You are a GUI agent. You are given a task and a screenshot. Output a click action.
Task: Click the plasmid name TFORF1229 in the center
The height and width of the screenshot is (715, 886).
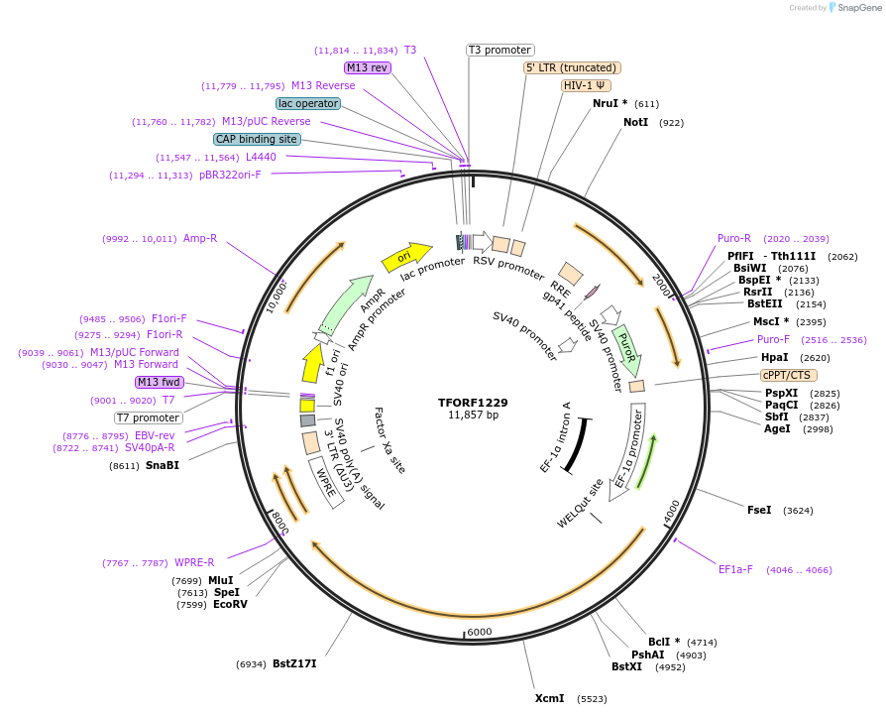click(x=473, y=403)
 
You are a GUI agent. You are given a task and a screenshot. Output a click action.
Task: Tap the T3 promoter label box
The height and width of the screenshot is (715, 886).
click(x=500, y=50)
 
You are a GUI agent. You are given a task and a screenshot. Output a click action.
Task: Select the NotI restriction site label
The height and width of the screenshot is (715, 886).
click(x=636, y=122)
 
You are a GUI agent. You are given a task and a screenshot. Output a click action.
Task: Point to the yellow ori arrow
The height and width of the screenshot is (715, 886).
click(x=406, y=257)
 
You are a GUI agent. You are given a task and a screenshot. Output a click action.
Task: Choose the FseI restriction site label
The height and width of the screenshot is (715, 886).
click(x=759, y=510)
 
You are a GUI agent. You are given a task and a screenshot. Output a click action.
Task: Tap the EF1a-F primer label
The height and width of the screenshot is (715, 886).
click(x=735, y=569)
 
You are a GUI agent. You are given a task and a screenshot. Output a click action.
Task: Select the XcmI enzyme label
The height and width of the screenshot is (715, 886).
click(x=549, y=698)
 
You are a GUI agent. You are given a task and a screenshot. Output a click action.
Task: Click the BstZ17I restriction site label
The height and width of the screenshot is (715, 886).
click(x=294, y=663)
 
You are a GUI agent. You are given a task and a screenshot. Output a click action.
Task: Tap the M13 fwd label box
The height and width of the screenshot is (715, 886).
click(x=161, y=382)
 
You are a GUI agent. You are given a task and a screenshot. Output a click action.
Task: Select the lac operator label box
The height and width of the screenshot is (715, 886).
click(x=308, y=103)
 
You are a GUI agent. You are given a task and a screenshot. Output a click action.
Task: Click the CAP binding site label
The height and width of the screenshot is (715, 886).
click(x=257, y=140)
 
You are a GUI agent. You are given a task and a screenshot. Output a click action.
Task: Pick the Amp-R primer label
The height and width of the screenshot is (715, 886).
click(x=200, y=238)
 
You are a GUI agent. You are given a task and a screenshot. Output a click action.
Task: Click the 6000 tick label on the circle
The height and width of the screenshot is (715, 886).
click(x=479, y=632)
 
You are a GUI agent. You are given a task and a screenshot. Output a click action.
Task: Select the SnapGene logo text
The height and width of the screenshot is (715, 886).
click(x=857, y=8)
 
